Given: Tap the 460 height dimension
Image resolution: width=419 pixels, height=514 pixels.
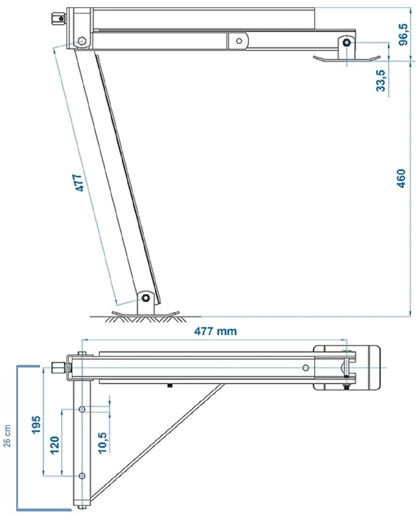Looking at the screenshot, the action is click(x=401, y=178).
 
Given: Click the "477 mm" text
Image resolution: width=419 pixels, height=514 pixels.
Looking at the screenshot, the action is click(x=216, y=331).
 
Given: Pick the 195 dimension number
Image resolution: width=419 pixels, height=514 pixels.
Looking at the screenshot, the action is click(x=36, y=425).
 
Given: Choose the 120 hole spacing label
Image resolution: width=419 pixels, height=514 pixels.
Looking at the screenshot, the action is click(x=55, y=445).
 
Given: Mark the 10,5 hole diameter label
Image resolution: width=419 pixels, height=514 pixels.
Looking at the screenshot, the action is click(x=102, y=442).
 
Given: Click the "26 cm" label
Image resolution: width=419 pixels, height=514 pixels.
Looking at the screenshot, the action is click(x=7, y=435).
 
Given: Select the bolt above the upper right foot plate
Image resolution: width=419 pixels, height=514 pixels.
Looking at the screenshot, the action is click(x=347, y=43).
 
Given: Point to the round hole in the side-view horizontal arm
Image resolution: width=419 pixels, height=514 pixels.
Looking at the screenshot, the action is click(x=239, y=41).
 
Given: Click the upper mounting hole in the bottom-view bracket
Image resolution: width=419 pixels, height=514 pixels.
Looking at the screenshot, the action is click(x=82, y=409).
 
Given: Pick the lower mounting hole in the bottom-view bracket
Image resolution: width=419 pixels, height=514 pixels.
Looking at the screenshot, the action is click(x=82, y=476).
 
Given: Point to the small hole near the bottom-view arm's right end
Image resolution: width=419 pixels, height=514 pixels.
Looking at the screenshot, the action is click(x=305, y=368).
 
